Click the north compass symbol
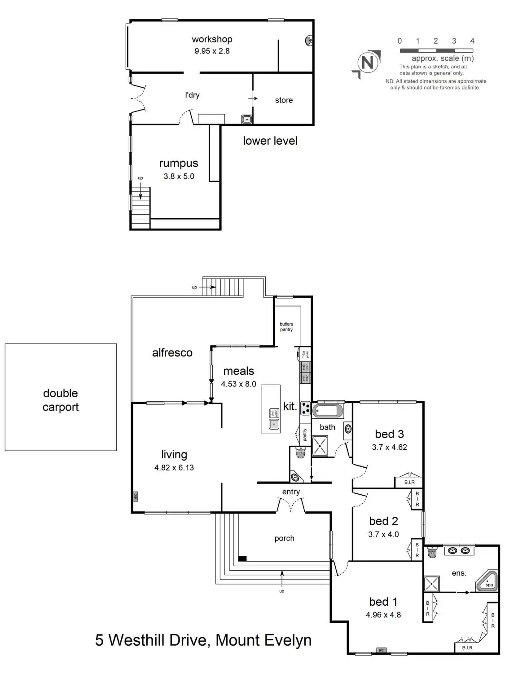367,63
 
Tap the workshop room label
212,40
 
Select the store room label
284,100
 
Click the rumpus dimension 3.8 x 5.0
179,177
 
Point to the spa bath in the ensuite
488,582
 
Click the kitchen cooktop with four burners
306,408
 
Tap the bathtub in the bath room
328,411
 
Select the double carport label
61,400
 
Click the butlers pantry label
286,327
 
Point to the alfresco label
172,353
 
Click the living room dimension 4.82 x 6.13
174,468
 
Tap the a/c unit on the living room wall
135,497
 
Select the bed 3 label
389,434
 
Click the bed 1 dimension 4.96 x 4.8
383,615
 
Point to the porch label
284,538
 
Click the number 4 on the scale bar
472,41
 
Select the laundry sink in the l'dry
247,119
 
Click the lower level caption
270,141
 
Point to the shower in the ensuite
431,584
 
